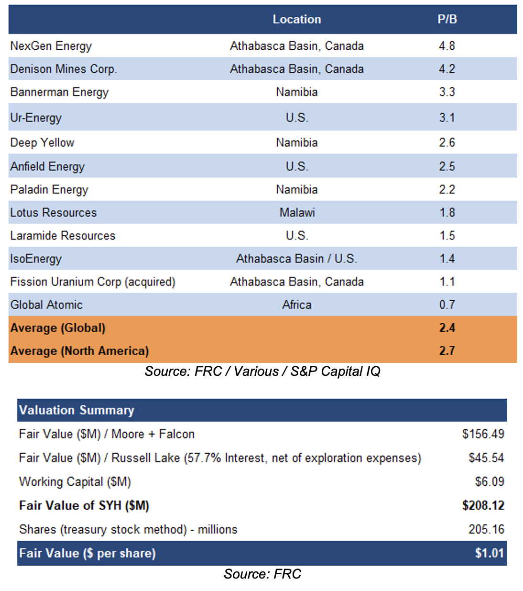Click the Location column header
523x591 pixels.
coord(297,19)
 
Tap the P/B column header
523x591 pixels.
coord(447,19)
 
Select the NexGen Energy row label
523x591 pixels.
coord(51,46)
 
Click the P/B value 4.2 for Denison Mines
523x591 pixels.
coord(447,69)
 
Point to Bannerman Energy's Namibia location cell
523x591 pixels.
coord(297,92)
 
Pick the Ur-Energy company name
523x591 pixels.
coord(36,118)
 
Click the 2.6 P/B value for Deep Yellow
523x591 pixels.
coord(447,142)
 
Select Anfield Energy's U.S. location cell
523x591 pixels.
coord(297,166)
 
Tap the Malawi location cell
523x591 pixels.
coord(297,212)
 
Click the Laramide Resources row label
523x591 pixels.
coord(63,235)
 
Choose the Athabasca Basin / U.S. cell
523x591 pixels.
coord(296,259)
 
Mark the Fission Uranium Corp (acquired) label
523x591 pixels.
coord(93,282)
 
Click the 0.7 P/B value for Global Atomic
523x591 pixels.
coord(447,305)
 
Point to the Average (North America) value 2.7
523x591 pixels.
coord(447,350)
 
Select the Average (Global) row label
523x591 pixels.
coord(58,328)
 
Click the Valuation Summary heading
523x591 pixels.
coord(76,410)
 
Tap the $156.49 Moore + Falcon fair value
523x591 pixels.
coord(483,434)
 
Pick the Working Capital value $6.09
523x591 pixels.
coord(490,482)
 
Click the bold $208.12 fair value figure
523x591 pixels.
coord(483,505)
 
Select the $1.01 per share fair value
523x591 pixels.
coord(490,553)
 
